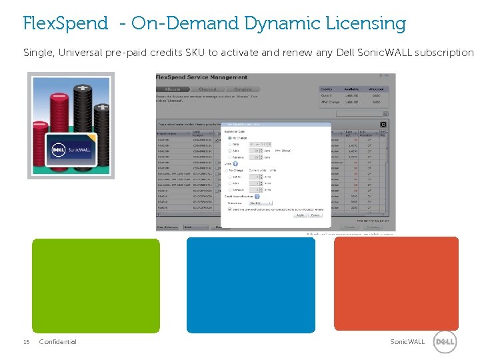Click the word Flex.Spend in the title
65,24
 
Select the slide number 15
26,342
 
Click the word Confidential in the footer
58,342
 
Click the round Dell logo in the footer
445,342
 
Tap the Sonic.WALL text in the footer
407,342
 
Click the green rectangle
96,285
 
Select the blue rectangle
251,285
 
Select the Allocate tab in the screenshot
173,89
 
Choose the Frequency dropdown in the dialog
260,203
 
